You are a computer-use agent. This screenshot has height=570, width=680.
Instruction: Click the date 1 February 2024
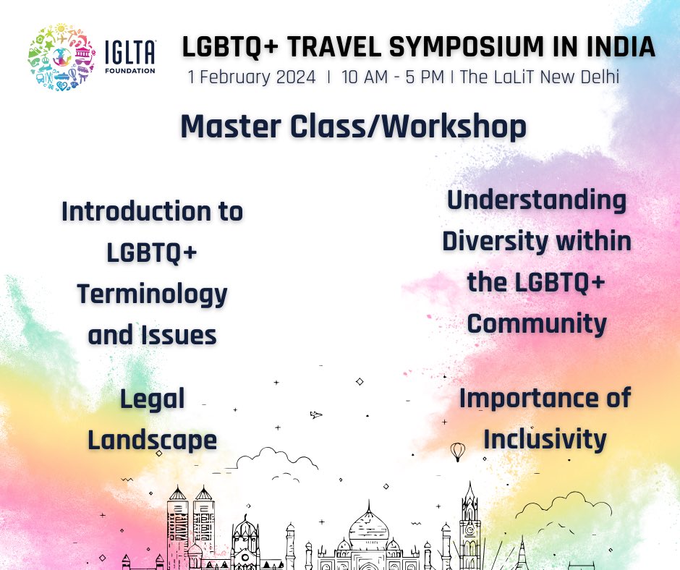(x=252, y=77)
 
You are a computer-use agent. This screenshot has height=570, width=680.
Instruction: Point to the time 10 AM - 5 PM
(x=393, y=77)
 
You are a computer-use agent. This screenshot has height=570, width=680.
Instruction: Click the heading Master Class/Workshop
(x=353, y=127)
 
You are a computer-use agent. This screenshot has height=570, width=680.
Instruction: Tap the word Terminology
(x=152, y=294)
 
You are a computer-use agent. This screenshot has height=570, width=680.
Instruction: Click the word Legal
(x=152, y=398)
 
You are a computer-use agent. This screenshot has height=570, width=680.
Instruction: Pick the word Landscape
(x=152, y=439)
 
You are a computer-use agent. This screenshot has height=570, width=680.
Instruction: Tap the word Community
(x=537, y=323)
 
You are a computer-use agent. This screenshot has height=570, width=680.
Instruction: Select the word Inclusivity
(x=545, y=438)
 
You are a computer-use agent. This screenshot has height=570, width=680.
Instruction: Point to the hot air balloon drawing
(x=457, y=451)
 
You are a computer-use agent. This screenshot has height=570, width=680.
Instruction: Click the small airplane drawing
(x=315, y=414)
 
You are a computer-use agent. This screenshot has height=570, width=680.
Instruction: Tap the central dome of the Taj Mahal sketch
(x=369, y=519)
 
